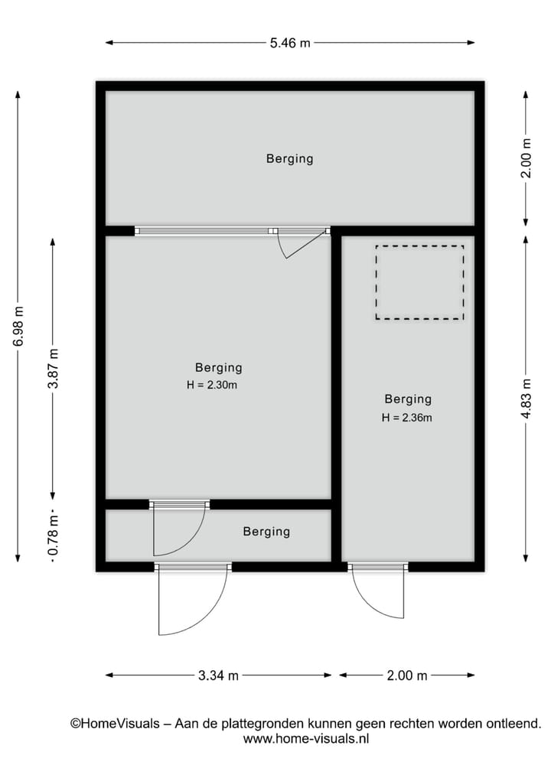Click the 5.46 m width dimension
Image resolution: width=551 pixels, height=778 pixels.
289,43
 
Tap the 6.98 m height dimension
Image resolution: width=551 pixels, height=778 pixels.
18,327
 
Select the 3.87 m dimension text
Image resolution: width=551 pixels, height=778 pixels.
53,368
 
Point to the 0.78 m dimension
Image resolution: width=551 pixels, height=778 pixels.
53,535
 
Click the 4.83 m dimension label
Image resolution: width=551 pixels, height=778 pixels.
526,398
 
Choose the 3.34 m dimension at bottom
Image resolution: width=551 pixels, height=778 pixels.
218,675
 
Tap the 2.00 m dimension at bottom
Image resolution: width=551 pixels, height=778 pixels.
406,675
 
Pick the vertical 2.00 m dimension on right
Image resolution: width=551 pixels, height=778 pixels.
526,158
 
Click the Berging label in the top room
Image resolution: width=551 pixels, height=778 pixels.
289,159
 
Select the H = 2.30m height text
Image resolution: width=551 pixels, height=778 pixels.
212,386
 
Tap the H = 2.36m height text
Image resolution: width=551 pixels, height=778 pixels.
407,418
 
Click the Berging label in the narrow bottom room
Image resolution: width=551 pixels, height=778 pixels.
266,532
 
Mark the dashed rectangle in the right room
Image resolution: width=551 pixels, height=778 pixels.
419,282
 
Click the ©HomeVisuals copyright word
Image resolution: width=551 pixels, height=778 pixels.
115,723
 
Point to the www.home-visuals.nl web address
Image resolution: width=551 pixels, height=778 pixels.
306,739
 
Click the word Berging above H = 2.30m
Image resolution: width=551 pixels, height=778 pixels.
218,368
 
